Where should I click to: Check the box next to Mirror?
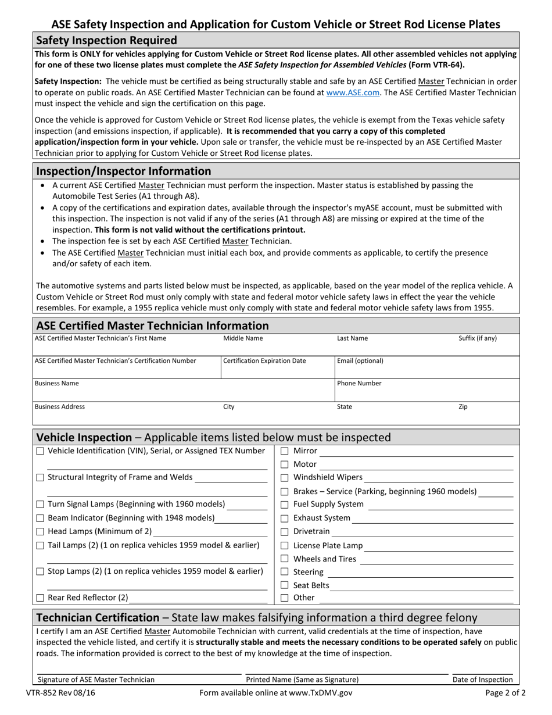click(x=285, y=451)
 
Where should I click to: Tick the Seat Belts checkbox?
click(x=285, y=585)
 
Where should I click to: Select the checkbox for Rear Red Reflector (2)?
click(x=40, y=598)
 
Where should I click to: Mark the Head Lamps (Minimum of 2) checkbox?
click(x=40, y=531)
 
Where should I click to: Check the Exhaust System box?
click(x=285, y=518)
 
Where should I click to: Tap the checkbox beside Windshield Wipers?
click(x=285, y=478)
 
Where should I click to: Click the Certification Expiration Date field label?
click(x=264, y=361)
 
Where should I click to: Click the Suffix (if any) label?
click(x=478, y=338)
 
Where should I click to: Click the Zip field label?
click(x=463, y=407)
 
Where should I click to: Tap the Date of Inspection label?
click(x=483, y=680)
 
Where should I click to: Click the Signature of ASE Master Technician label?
click(x=96, y=680)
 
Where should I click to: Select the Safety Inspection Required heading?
click(x=106, y=41)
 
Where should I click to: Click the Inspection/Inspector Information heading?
click(x=124, y=171)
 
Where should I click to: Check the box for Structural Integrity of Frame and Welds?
click(x=40, y=478)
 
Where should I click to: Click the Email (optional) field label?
click(x=360, y=361)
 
